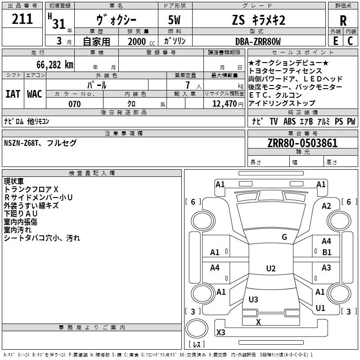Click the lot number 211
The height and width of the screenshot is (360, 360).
[22, 19]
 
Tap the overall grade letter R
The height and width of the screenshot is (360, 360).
[343, 21]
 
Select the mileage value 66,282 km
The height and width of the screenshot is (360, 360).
[55, 65]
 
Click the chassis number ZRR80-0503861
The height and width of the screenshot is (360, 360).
[302, 143]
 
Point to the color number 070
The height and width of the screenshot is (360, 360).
[75, 104]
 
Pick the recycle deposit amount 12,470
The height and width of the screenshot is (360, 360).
[224, 104]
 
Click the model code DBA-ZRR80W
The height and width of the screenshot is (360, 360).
[258, 41]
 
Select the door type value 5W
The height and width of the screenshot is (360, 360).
[174, 20]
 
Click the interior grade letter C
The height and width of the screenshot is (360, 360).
[350, 41]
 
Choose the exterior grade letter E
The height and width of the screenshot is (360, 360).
[336, 41]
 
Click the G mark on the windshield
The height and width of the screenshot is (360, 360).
[284, 237]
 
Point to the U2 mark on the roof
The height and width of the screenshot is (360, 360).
[271, 268]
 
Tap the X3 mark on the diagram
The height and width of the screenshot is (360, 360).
[220, 332]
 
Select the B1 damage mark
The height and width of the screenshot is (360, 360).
[327, 252]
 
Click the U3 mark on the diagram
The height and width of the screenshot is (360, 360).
[253, 299]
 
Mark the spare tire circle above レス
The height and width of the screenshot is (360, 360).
[197, 328]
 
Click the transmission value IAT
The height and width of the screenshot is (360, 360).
[13, 94]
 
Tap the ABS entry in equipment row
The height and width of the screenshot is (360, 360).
[289, 121]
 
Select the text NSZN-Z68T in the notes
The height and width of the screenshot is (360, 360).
[21, 143]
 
